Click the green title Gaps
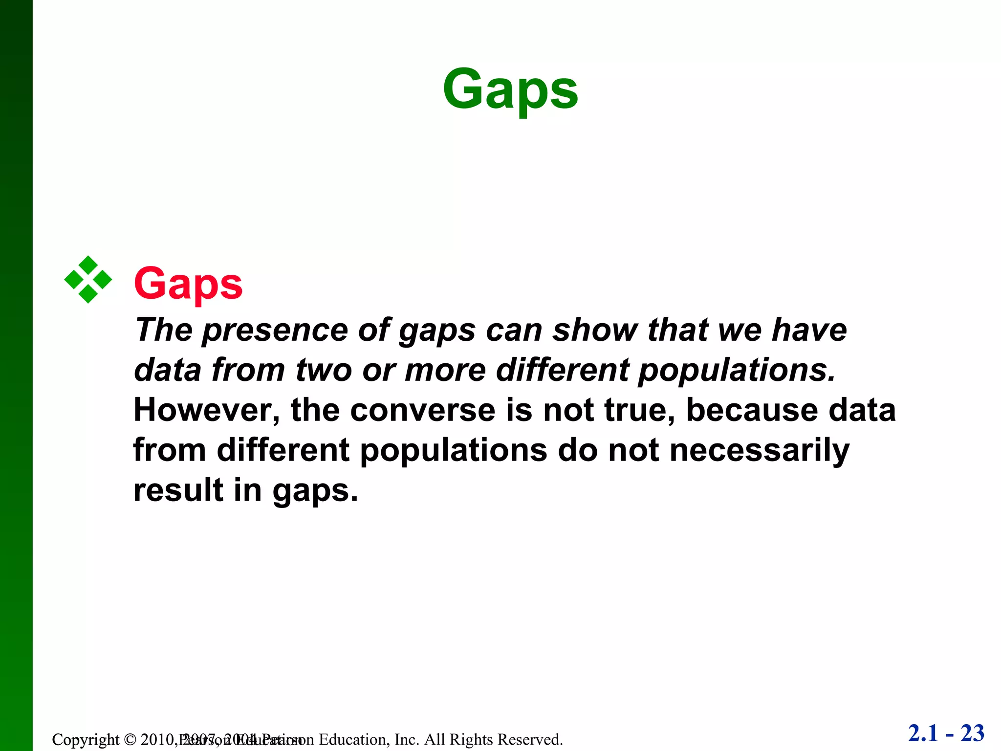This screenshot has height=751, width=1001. click(510, 89)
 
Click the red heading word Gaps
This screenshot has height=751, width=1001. click(188, 284)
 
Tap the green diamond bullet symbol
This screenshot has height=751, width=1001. click(88, 280)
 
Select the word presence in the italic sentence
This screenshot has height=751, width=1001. click(275, 330)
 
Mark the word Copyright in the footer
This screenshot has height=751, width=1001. click(86, 739)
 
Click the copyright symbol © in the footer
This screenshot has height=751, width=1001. click(130, 739)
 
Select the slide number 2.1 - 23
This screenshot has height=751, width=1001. click(946, 733)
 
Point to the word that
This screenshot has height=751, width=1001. click(677, 330)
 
